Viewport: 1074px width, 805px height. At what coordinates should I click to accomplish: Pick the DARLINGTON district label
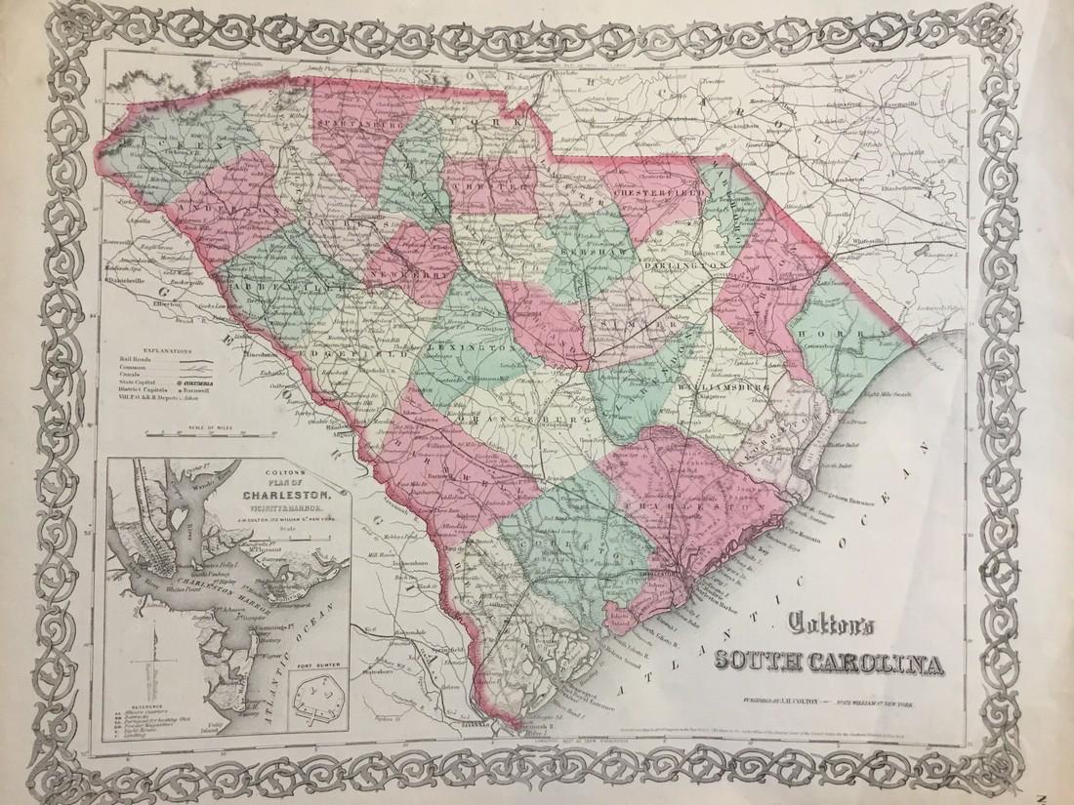coord(687,264)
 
